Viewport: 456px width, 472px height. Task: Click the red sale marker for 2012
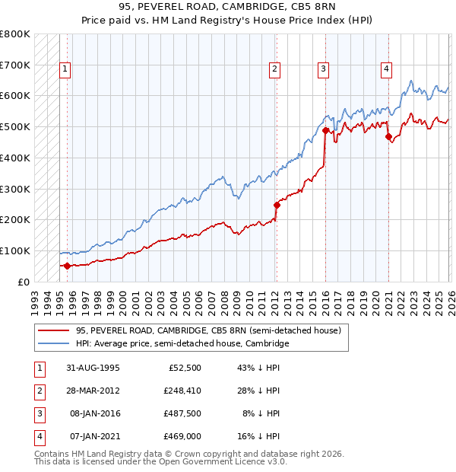click(277, 204)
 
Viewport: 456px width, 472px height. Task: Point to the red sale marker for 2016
click(325, 130)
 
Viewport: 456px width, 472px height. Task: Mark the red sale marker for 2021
click(388, 136)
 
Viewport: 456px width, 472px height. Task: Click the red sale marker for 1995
click(68, 266)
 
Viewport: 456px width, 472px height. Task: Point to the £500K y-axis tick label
click(15, 127)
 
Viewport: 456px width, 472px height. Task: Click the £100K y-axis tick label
click(15, 250)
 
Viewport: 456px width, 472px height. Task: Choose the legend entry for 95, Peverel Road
click(208, 330)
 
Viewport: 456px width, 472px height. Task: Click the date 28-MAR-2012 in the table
click(92, 391)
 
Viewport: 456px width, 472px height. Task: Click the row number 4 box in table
click(38, 436)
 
